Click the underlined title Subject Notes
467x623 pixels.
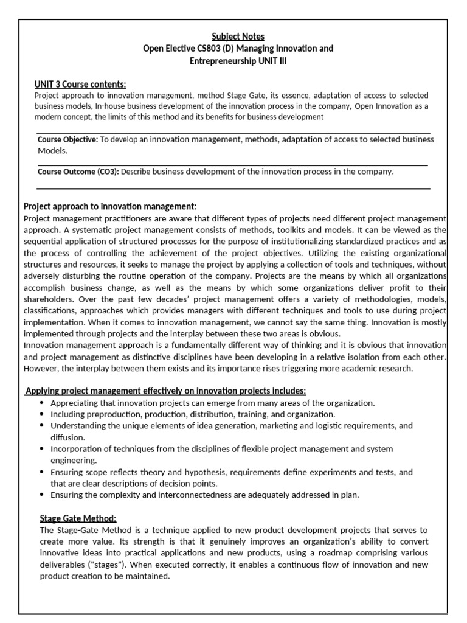coord(238,37)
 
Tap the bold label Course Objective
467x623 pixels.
coord(67,139)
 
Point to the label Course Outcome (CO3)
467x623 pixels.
coord(78,172)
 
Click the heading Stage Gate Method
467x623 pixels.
coord(78,518)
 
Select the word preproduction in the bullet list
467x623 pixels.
coord(111,414)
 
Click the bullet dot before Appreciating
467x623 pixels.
coord(41,403)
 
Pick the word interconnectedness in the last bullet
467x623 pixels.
coord(197,495)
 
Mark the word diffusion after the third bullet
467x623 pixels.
coord(68,437)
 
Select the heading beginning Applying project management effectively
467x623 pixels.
coord(165,390)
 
